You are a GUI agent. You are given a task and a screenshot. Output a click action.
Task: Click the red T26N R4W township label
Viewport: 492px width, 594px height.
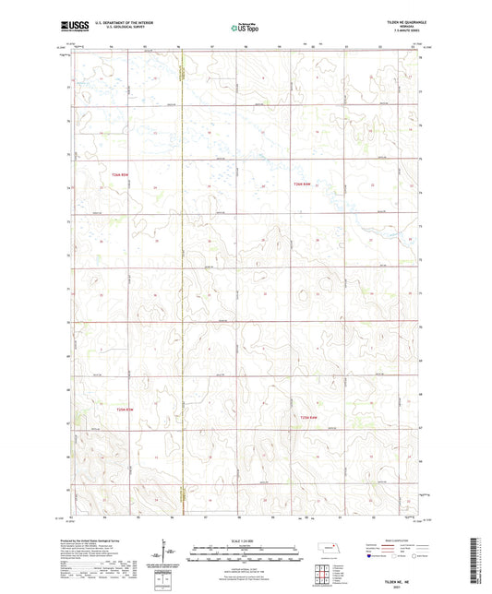(x=304, y=184)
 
